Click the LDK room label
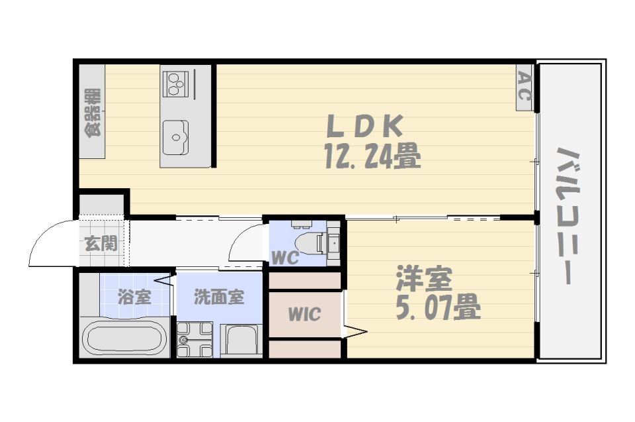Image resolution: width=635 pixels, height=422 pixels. point(365,126)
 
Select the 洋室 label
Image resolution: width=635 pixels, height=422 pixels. point(423,278)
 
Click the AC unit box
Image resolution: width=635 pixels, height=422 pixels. point(524,87)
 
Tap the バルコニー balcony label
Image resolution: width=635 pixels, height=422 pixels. point(569,215)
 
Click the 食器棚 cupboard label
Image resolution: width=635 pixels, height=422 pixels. point(93,113)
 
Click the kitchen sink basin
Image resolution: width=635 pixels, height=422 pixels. point(175,138)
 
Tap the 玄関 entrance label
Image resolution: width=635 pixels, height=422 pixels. point(101,244)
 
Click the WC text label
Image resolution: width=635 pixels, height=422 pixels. point(285,257)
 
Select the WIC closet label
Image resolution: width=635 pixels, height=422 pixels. point(304,314)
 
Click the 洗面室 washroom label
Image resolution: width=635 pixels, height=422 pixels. point(219,297)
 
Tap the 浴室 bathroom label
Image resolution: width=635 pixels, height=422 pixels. point(134,297)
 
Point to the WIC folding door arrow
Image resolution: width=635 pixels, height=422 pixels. point(355,331)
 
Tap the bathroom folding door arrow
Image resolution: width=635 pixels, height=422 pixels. point(163,280)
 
